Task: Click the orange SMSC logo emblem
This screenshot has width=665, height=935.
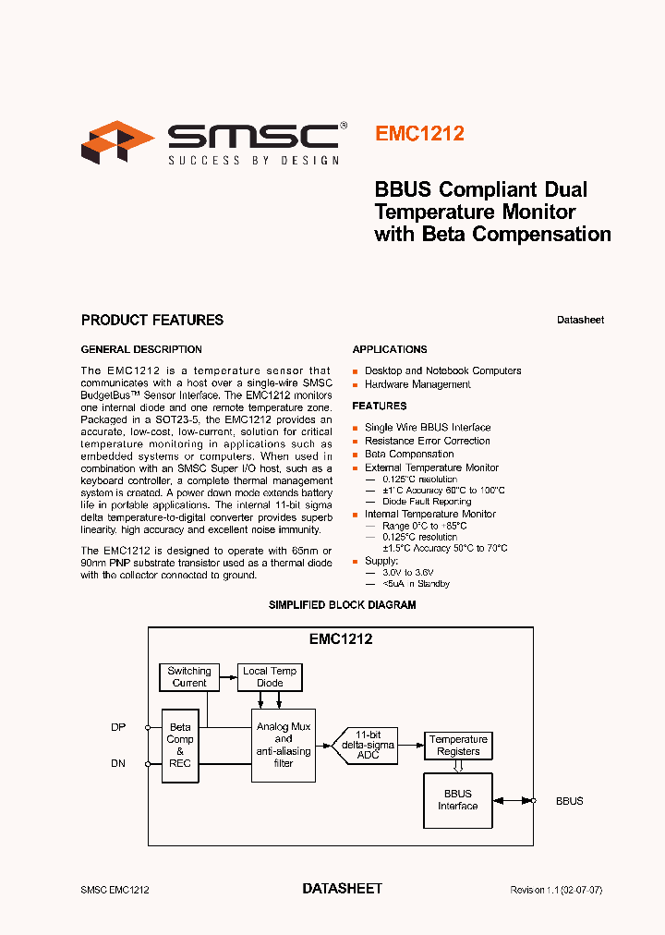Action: point(117,140)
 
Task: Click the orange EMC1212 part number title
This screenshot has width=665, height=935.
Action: point(419,133)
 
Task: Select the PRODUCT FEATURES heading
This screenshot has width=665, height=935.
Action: point(152,321)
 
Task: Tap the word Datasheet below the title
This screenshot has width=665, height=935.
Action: point(580,321)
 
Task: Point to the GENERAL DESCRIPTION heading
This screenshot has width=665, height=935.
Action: point(141,349)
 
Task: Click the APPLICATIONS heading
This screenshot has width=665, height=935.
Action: point(390,349)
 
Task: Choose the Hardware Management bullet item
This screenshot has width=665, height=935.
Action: point(417,384)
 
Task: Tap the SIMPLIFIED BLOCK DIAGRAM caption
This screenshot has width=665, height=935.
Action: point(342,605)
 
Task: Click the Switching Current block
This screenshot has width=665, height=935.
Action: point(189,677)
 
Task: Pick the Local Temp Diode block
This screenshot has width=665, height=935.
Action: point(270,677)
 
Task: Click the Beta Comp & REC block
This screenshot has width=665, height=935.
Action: point(180,746)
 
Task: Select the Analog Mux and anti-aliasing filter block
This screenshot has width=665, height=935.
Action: point(284,746)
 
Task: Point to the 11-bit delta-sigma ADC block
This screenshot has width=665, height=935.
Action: point(369,746)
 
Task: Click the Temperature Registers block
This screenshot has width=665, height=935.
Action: point(458,746)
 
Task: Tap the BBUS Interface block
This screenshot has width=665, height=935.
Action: point(457,800)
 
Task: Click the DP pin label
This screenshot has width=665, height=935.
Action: point(118,727)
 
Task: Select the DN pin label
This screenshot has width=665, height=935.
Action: point(118,764)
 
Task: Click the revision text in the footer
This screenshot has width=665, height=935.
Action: point(556,890)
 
